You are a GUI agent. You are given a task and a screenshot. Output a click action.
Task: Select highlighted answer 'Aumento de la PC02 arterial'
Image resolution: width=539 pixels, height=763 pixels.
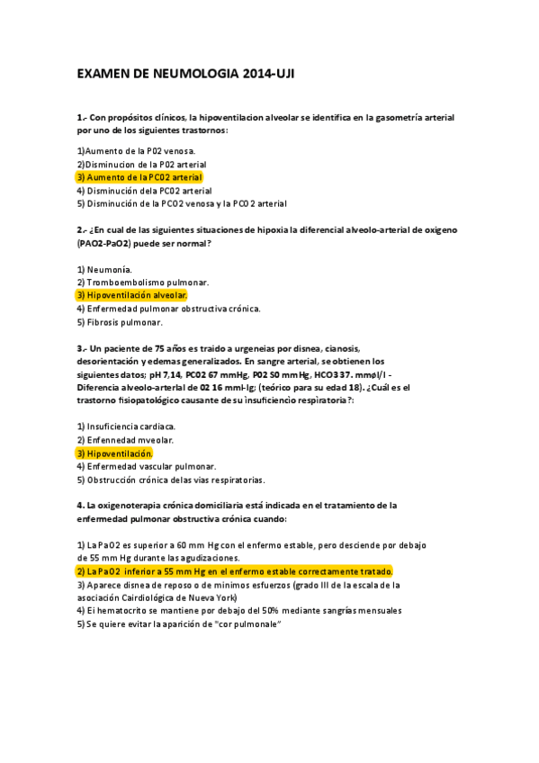pyautogui.click(x=139, y=177)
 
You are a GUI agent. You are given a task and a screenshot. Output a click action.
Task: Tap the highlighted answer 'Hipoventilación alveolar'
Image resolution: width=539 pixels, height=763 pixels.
pyautogui.click(x=131, y=295)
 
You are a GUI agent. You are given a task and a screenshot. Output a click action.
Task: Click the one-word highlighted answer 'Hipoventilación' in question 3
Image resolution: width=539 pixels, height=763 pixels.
pyautogui.click(x=114, y=453)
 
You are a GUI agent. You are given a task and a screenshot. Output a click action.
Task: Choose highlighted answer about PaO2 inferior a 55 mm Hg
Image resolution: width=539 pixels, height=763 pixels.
pyautogui.click(x=235, y=571)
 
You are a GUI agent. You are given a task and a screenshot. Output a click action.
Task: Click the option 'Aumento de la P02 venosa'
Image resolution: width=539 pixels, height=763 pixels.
pyautogui.click(x=136, y=151)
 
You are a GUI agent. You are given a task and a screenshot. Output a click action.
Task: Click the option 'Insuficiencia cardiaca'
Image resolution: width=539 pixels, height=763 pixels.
pyautogui.click(x=127, y=426)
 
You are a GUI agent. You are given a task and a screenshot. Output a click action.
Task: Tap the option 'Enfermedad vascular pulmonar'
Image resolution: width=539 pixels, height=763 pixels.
pyautogui.click(x=147, y=467)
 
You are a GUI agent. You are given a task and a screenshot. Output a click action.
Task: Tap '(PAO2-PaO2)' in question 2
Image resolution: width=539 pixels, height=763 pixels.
pyautogui.click(x=107, y=243)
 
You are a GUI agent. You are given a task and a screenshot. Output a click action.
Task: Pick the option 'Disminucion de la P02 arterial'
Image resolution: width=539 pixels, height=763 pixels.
pyautogui.click(x=141, y=165)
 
